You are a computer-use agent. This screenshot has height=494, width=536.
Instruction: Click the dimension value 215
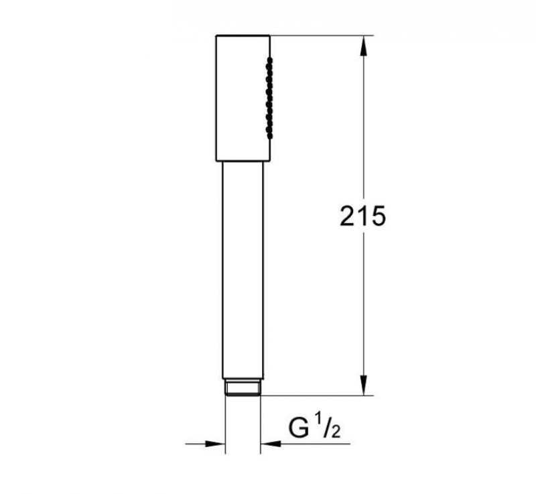[362, 216]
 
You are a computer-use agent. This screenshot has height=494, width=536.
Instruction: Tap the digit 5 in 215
[377, 216]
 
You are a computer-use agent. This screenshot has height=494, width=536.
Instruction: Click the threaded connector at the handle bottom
[242, 388]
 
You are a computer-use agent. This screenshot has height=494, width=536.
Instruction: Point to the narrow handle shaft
[242, 268]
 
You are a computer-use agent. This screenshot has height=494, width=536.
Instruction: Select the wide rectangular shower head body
[242, 97]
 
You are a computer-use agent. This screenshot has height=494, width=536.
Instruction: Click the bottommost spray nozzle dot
[270, 137]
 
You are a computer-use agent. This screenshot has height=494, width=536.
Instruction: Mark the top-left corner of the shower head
[216, 35]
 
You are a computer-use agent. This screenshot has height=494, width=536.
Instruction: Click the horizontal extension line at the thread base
[315, 396]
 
